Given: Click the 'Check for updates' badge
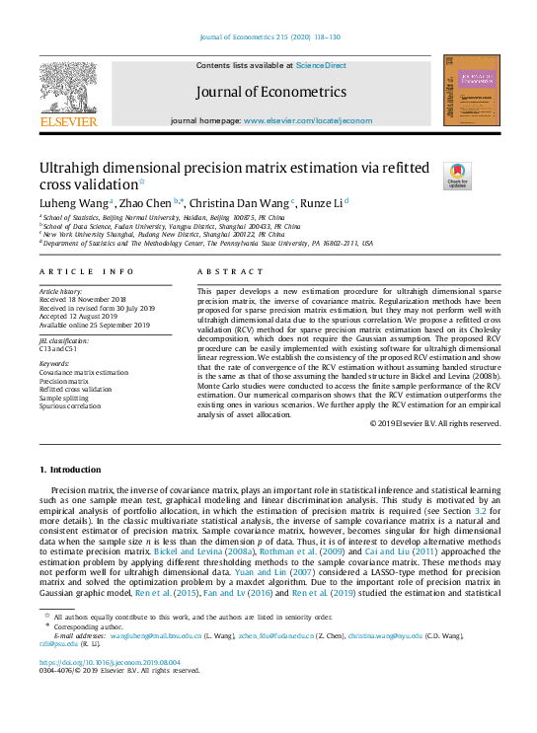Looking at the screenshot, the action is tap(457, 176).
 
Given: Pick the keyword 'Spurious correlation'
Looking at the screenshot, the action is tap(70, 404).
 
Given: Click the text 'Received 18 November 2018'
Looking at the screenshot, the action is tap(84, 299).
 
